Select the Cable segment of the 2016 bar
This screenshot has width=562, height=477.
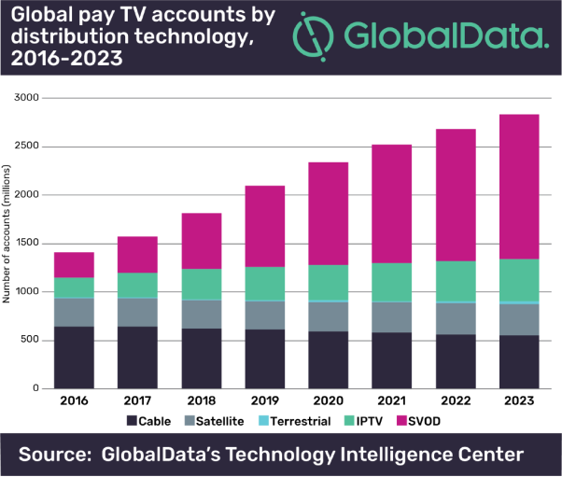(73, 357)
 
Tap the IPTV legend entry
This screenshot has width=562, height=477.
(371, 421)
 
